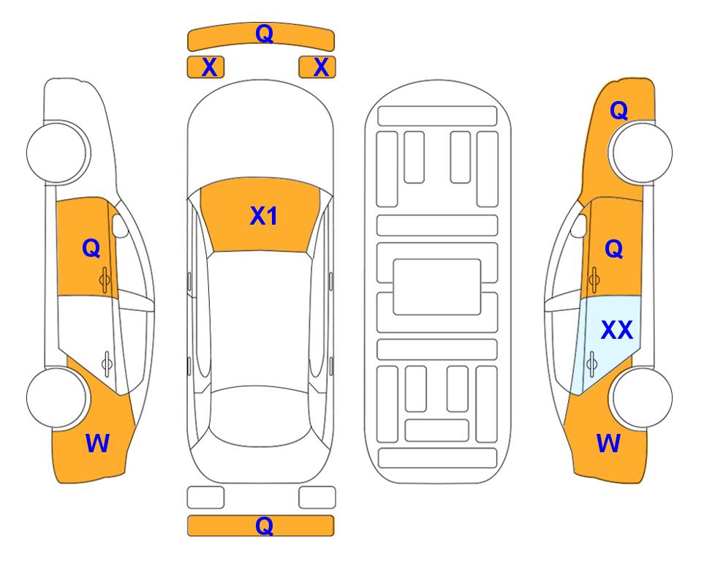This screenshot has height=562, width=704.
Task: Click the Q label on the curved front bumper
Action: pos(265,33)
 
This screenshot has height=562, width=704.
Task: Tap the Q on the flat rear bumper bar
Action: pos(265,525)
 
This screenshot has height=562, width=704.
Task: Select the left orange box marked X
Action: pos(205,67)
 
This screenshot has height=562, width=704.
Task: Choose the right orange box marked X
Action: pos(317,67)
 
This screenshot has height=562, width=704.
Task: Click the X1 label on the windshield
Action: pos(264,216)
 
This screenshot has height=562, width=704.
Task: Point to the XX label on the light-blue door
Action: pos(617,330)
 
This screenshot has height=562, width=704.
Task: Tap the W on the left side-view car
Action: pos(97,443)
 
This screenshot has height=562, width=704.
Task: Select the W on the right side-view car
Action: pos(609,443)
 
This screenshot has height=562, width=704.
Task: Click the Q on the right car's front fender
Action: pos(618,110)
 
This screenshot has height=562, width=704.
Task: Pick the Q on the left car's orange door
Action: pos(91,248)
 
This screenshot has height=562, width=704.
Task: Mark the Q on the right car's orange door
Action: pos(614,249)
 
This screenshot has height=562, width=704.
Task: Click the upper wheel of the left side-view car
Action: pos(58,152)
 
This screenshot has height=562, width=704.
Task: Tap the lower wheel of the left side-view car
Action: pos(58,397)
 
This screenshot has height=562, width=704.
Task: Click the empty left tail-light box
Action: pos(205,498)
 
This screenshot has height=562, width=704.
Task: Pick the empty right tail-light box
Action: pos(317,498)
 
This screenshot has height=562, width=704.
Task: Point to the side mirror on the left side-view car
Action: pos(119,225)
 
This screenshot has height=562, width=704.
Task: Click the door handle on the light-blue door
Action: pos(592,364)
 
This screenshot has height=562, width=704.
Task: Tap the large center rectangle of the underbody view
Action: pos(437,287)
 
